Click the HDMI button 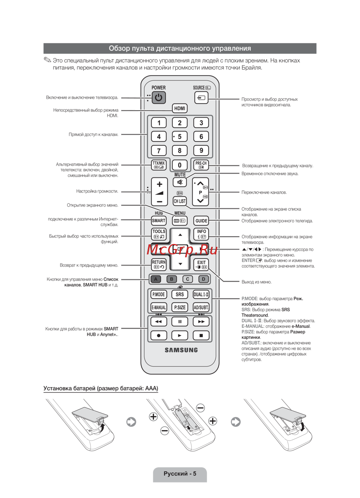click(180, 108)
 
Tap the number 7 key click(159, 150)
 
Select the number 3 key click(201, 123)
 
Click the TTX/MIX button click(159, 165)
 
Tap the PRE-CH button click(201, 165)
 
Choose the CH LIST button click(180, 201)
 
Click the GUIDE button click(201, 221)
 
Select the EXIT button click(201, 264)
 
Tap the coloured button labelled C click(188, 279)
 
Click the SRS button click(180, 294)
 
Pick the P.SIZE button click(180, 307)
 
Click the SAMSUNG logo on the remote click(181, 350)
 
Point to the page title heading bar click(180, 48)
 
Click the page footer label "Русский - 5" click(180, 474)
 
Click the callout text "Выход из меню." click(256, 282)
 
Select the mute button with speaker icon click(180, 182)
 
